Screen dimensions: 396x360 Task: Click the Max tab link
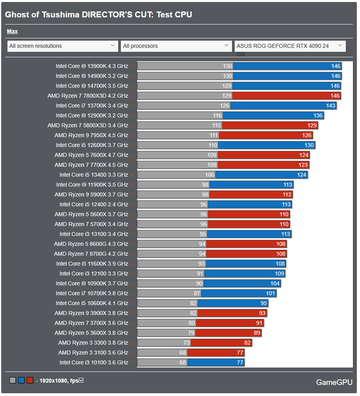pyautogui.click(x=12, y=32)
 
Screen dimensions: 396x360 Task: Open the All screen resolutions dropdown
pyautogui.click(x=62, y=46)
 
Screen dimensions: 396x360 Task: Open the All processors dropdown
pyautogui.click(x=176, y=46)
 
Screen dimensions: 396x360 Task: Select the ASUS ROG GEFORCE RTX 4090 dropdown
pyautogui.click(x=290, y=46)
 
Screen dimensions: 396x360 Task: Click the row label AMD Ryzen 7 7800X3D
pyautogui.click(x=88, y=96)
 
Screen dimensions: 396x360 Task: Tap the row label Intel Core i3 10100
pyautogui.click(x=94, y=362)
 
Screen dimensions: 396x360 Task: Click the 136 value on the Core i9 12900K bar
pyautogui.click(x=318, y=115)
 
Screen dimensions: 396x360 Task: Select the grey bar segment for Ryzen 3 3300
pyautogui.click(x=164, y=343)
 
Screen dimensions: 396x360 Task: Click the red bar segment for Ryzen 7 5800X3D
pyautogui.click(x=270, y=125)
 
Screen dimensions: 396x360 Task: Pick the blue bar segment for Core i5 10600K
pyautogui.click(x=233, y=303)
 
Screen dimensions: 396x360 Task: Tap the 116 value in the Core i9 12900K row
pyautogui.click(x=217, y=115)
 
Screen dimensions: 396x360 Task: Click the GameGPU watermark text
pyautogui.click(x=334, y=382)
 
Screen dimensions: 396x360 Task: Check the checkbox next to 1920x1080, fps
pyautogui.click(x=81, y=381)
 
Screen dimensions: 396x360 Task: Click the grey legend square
pyautogui.click(x=13, y=381)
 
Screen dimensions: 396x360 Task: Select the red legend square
pyautogui.click(x=30, y=381)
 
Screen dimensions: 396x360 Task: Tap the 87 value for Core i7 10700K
pyautogui.click(x=196, y=293)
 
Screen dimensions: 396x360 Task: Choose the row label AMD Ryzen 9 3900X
pyautogui.click(x=91, y=313)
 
